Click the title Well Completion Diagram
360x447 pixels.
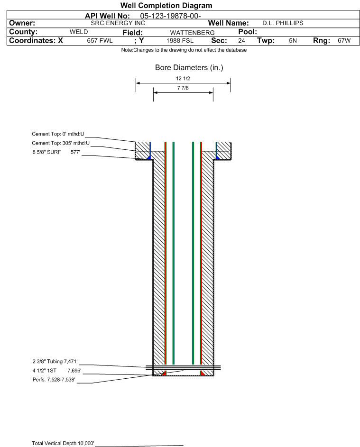(166, 5)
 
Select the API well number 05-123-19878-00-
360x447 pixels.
(170, 16)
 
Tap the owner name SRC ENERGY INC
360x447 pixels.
(118, 23)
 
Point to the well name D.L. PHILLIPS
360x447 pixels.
(283, 23)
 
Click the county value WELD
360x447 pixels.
(79, 32)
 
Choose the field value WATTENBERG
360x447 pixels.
(192, 33)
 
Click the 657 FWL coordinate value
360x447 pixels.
(100, 40)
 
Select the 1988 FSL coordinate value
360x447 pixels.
(180, 40)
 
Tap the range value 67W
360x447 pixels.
(344, 40)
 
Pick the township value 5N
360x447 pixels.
(293, 40)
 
